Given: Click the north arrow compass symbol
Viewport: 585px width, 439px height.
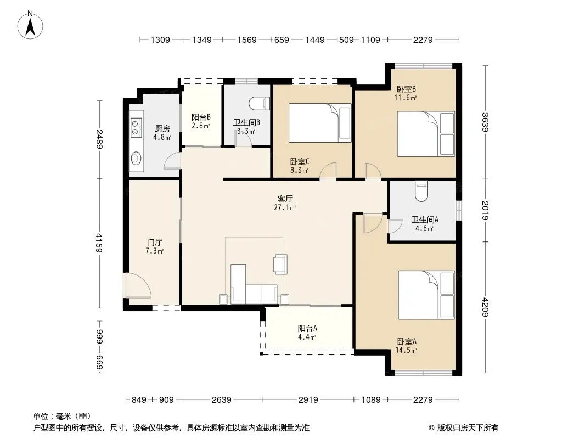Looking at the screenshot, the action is (30, 25).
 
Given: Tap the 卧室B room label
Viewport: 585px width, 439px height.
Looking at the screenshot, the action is (406, 89).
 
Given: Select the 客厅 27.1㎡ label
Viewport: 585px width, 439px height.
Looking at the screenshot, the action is (285, 203).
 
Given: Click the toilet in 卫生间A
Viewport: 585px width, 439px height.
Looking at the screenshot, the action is (421, 191).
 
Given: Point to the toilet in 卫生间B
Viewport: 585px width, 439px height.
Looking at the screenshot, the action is (260, 103).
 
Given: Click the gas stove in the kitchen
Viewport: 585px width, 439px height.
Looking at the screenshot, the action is (136, 127).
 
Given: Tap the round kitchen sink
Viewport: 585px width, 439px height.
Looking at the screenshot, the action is (136, 158).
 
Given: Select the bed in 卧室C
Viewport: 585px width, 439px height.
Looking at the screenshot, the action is (320, 123).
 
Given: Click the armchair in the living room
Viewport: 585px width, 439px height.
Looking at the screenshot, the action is (280, 264).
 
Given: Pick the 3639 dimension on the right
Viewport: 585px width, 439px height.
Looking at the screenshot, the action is (485, 122).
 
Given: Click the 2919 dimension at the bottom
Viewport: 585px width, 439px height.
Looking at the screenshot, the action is (308, 400).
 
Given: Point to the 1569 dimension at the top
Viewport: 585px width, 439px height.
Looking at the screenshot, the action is (247, 40).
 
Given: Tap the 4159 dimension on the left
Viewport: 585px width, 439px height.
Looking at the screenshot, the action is (99, 243).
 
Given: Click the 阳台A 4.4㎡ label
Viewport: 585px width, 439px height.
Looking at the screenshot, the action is (307, 333).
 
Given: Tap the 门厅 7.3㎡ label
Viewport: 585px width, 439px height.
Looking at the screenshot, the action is (154, 246).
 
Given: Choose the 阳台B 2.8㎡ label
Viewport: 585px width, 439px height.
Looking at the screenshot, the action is (201, 121).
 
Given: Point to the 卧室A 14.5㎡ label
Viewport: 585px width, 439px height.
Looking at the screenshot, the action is (406, 345).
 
